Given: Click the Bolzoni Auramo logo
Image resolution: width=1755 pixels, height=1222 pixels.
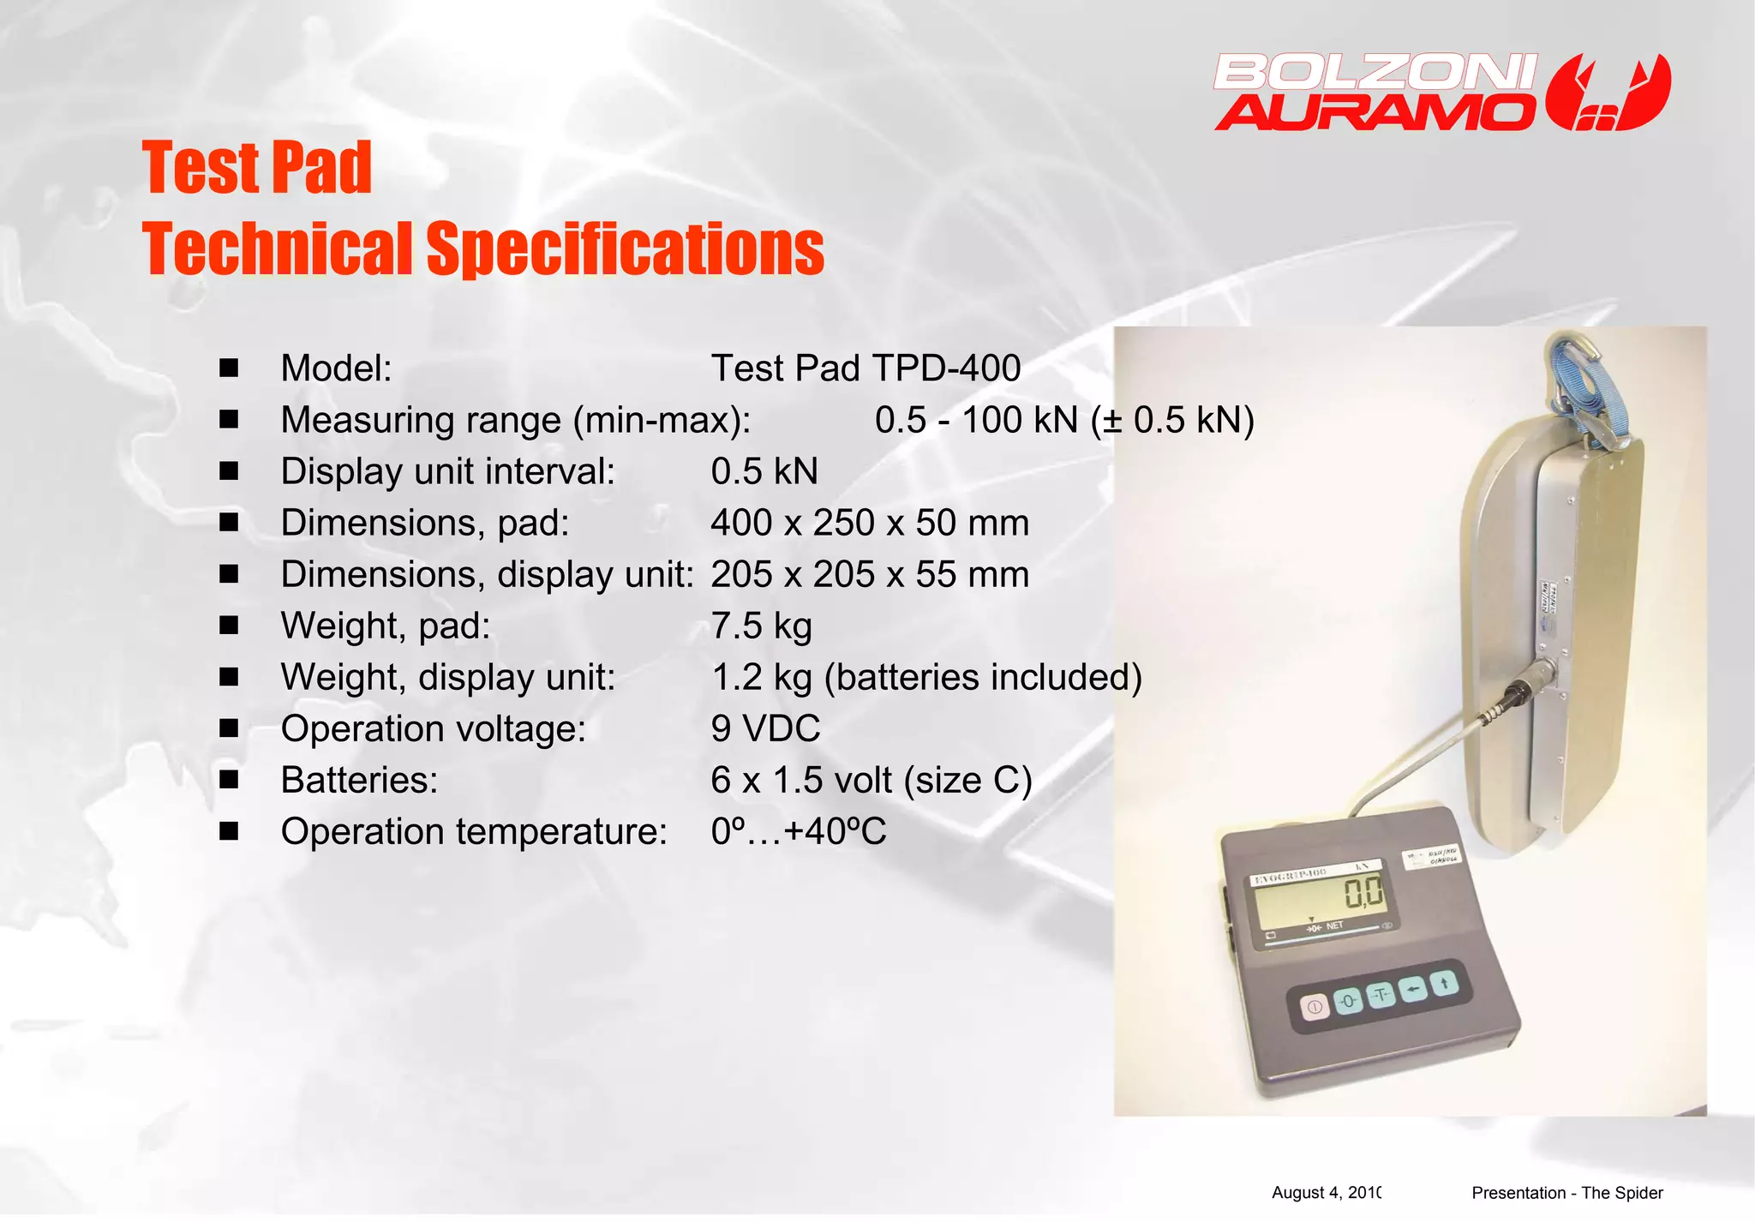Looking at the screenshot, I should point(1441,93).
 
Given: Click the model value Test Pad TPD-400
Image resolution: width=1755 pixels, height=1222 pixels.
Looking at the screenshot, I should point(866,368).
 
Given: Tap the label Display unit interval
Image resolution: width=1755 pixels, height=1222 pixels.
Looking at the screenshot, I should point(447,471).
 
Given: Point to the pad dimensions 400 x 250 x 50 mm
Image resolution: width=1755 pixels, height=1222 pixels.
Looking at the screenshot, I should point(869,523).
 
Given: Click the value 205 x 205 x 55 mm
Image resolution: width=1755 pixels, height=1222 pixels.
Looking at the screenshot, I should point(869,574).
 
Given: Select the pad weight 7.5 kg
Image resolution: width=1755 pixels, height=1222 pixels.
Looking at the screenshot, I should point(761,626).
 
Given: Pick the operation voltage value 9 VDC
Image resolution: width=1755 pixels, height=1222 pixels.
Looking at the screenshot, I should point(765,728).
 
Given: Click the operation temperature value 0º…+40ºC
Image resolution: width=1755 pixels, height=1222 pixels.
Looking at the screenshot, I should point(798,831).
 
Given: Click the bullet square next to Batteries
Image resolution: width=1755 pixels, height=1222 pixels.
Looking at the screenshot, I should point(229,780).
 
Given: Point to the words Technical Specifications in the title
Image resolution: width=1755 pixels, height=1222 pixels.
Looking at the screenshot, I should point(482,249).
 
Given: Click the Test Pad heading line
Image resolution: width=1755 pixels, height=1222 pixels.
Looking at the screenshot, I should point(256,168).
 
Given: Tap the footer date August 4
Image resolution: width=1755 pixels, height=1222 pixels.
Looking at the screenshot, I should point(1325,1193).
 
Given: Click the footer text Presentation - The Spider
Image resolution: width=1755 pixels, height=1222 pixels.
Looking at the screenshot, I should point(1566,1193).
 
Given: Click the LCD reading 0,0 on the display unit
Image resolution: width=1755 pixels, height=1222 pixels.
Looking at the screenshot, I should point(1363,892).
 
